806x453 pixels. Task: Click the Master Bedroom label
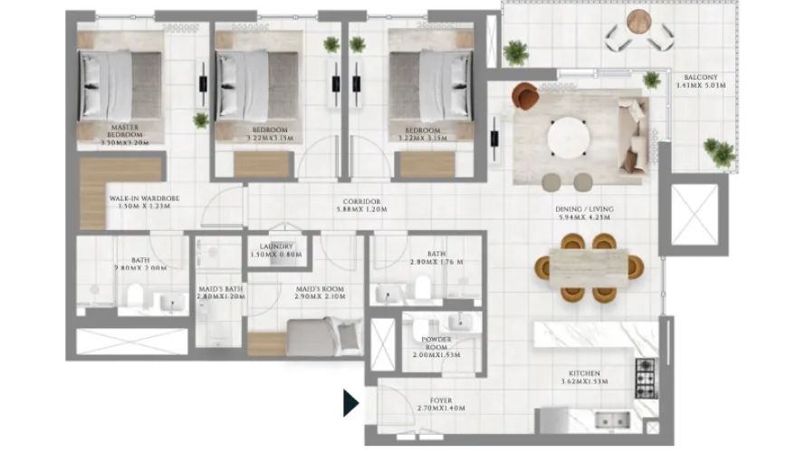pos(125,135)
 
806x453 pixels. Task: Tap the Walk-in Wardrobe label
pos(139,201)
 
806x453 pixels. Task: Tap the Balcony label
pos(701,82)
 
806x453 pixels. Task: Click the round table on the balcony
pos(664,18)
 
